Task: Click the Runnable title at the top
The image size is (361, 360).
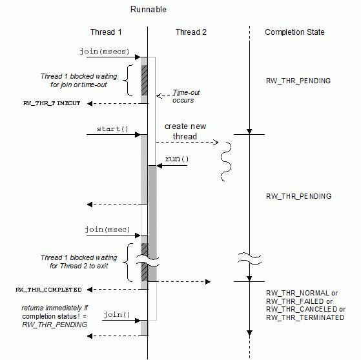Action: click(149, 9)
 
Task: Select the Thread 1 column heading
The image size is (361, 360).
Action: click(106, 32)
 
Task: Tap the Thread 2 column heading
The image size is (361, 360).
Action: click(191, 32)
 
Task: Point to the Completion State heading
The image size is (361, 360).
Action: click(294, 32)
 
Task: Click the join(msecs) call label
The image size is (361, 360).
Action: click(105, 52)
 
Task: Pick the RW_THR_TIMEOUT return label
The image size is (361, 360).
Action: click(52, 103)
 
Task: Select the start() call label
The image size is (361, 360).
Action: click(112, 129)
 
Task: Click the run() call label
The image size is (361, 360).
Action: click(177, 159)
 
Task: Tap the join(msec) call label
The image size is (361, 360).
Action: click(107, 229)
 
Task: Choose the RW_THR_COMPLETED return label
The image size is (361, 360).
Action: click(48, 290)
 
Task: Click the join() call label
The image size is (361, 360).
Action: click(117, 314)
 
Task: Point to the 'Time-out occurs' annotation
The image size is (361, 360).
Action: click(186, 96)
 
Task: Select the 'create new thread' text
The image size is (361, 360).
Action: click(185, 132)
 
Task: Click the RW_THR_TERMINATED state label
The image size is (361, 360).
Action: click(305, 317)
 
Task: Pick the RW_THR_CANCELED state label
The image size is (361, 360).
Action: click(302, 310)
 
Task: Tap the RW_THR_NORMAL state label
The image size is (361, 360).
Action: click(298, 293)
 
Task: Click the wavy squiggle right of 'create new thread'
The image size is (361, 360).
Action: click(226, 161)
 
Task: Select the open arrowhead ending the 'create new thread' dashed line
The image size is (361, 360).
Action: click(216, 143)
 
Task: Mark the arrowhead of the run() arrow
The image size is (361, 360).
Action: click(160, 166)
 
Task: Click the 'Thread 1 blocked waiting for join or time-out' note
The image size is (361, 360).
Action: click(79, 81)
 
